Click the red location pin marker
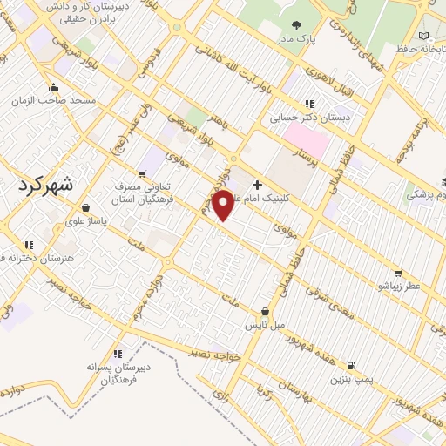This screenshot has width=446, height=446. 224,205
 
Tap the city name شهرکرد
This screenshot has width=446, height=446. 46,186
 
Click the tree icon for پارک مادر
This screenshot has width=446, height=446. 296,26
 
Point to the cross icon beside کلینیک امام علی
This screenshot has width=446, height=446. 257,185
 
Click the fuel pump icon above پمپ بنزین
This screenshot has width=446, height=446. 350,367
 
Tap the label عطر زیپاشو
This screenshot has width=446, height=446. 398,284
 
